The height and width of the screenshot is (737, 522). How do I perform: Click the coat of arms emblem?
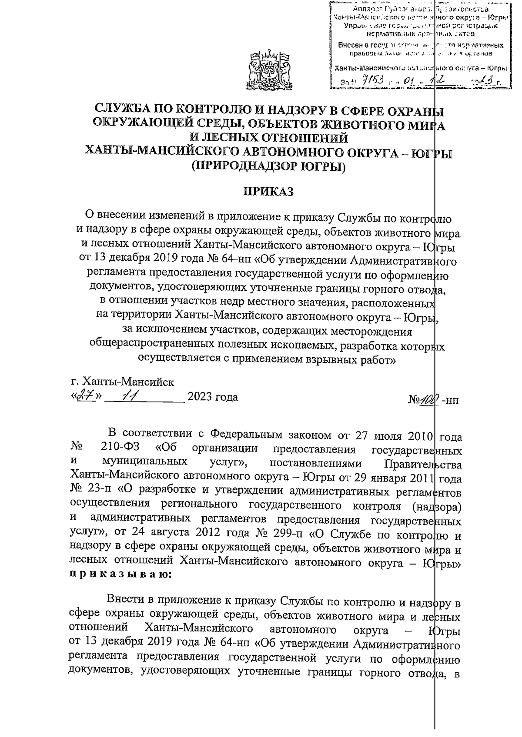pyautogui.click(x=268, y=71)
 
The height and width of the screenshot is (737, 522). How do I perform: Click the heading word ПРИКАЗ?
pyautogui.click(x=268, y=192)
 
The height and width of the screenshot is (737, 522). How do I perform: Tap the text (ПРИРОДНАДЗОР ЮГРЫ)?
pyautogui.click(x=268, y=166)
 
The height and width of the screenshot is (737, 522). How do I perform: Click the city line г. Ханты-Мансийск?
pyautogui.click(x=123, y=382)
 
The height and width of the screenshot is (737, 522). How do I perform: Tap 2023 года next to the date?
pyautogui.click(x=213, y=397)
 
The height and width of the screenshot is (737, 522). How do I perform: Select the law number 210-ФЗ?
pyautogui.click(x=119, y=448)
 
